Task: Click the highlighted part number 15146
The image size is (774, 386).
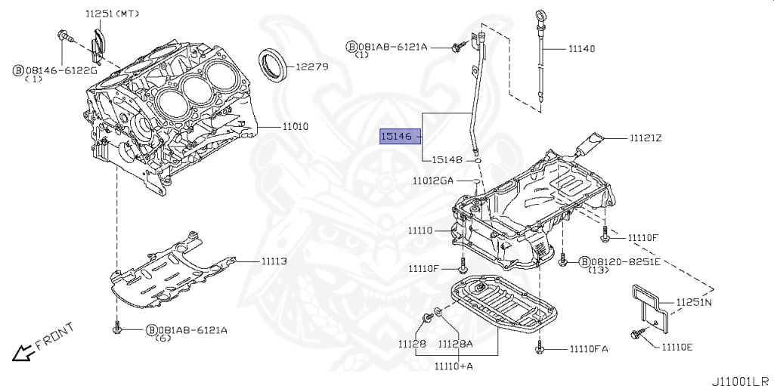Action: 396,137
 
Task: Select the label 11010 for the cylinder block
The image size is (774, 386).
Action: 296,126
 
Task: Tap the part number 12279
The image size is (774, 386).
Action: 311,66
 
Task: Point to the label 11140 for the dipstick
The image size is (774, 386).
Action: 581,48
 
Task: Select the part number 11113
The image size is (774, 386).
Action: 274,261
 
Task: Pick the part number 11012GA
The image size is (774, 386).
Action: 433,181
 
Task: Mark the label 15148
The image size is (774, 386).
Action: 447,159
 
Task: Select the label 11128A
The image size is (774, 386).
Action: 455,344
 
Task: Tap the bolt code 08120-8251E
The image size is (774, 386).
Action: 620,261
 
